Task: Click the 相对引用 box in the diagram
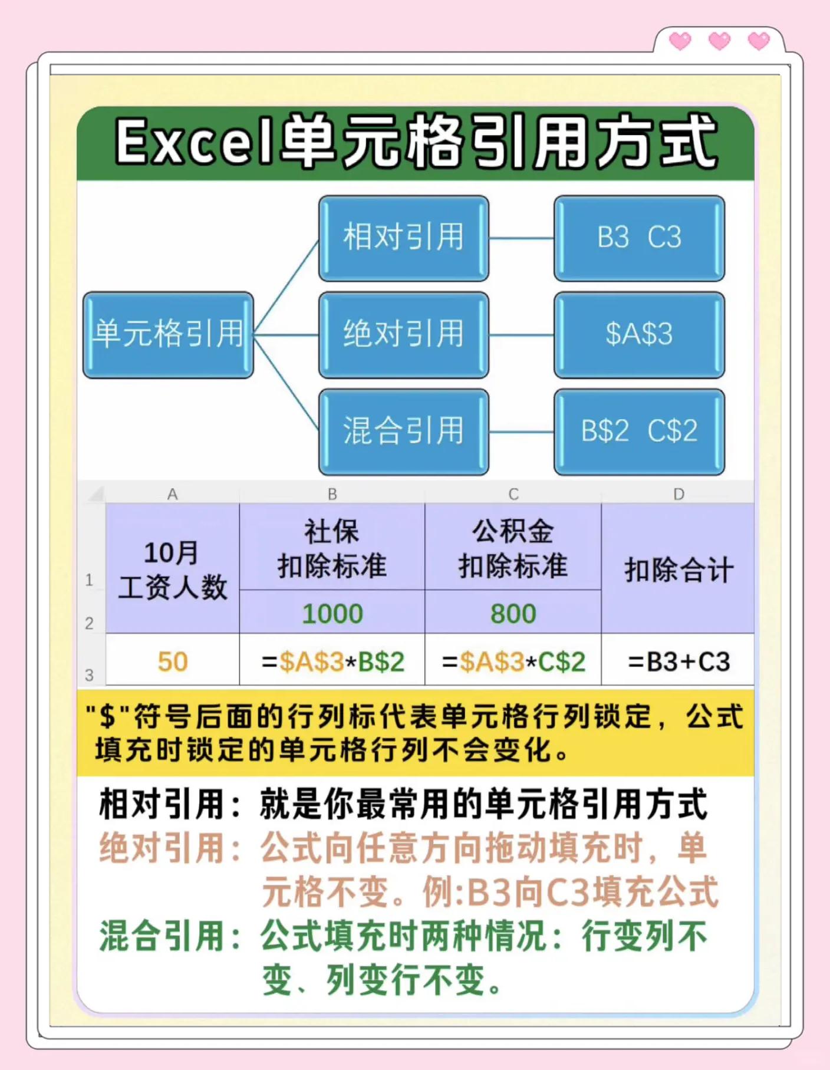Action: (x=404, y=238)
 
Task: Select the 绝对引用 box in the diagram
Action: (x=404, y=334)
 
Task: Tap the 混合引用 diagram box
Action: (x=404, y=431)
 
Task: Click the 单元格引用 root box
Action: (x=169, y=334)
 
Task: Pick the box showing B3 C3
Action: (x=639, y=238)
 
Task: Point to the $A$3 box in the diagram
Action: (x=639, y=334)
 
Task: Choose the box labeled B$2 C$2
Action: (x=639, y=431)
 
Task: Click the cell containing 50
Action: (x=173, y=661)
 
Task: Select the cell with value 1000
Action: (x=332, y=614)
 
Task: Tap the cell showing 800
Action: (x=513, y=614)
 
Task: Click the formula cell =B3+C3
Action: (x=679, y=661)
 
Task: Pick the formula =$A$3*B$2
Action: (x=332, y=661)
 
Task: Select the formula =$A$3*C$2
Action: (x=513, y=661)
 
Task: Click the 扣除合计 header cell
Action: (x=679, y=569)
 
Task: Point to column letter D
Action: (x=679, y=494)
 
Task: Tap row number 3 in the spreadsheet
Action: (x=90, y=674)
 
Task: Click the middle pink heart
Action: (x=719, y=41)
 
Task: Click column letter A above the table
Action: (x=172, y=494)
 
